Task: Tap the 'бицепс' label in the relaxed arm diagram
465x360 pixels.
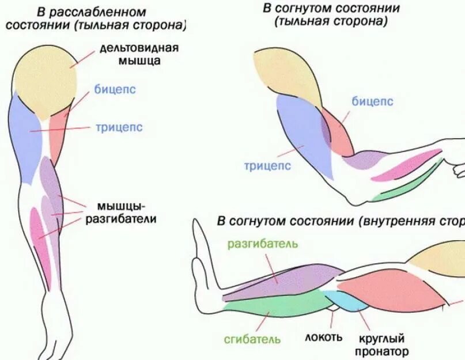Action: [x=115, y=90]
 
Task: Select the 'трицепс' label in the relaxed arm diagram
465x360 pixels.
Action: [x=119, y=127]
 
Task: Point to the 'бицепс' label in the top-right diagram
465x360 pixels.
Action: [x=372, y=101]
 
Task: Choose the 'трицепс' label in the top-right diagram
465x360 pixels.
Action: [x=267, y=166]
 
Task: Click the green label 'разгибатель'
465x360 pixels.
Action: [x=263, y=242]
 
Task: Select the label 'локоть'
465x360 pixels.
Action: [x=324, y=338]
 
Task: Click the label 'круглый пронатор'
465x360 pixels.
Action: [x=382, y=344]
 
